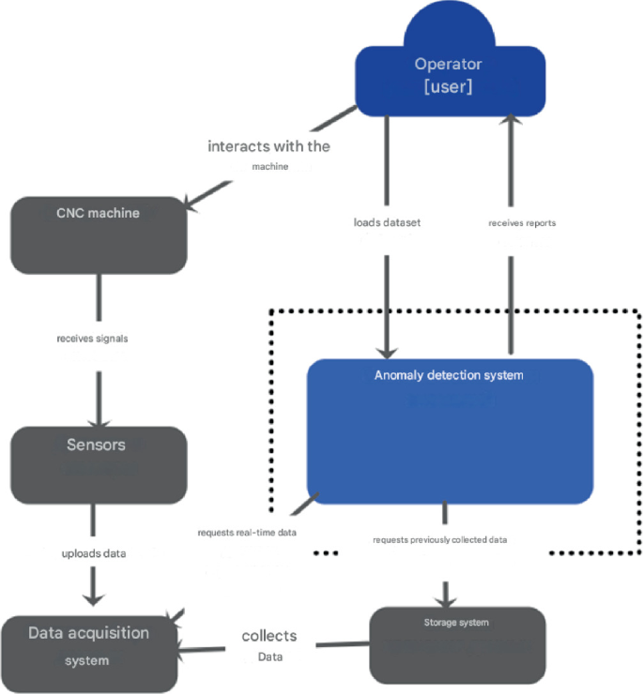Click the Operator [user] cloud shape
(x=449, y=75)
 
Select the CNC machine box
(x=98, y=234)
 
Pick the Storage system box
(x=457, y=644)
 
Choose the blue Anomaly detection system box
(x=450, y=430)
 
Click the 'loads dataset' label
(x=386, y=223)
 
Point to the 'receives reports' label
(x=522, y=223)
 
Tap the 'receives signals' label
(x=92, y=339)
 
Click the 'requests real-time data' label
(x=247, y=533)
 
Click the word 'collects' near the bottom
(x=269, y=635)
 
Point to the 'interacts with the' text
(x=268, y=146)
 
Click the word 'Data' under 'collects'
(x=270, y=656)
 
